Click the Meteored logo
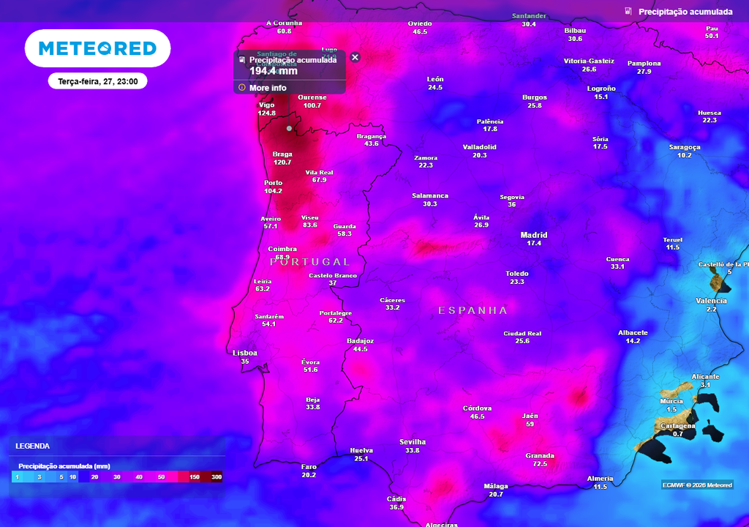click(x=97, y=48)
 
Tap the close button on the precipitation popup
click(x=355, y=57)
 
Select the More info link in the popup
click(x=268, y=88)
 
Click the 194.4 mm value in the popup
click(x=274, y=71)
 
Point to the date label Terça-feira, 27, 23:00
click(x=98, y=81)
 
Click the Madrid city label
click(x=534, y=235)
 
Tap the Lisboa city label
click(x=245, y=353)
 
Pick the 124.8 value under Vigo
click(x=267, y=113)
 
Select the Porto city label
click(x=273, y=183)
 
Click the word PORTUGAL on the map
click(x=310, y=262)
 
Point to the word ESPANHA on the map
click(x=473, y=310)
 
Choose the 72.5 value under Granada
click(x=540, y=464)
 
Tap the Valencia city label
click(x=711, y=301)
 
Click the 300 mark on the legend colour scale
click(x=217, y=477)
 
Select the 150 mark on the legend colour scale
click(x=195, y=477)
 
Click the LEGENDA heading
click(x=33, y=446)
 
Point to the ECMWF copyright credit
click(x=697, y=485)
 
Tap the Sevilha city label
click(x=413, y=442)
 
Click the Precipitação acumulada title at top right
click(x=685, y=12)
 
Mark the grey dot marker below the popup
click(x=289, y=129)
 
